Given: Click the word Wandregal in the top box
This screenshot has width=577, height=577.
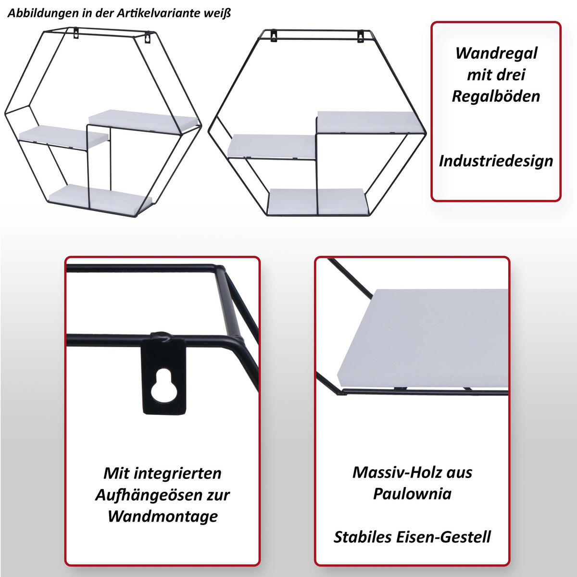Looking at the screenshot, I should coord(496,53).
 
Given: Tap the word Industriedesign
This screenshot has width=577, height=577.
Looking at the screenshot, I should coord(496,161).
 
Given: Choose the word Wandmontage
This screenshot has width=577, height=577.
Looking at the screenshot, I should coord(162,516).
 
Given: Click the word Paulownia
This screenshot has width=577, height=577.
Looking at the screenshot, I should coord(412,494).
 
